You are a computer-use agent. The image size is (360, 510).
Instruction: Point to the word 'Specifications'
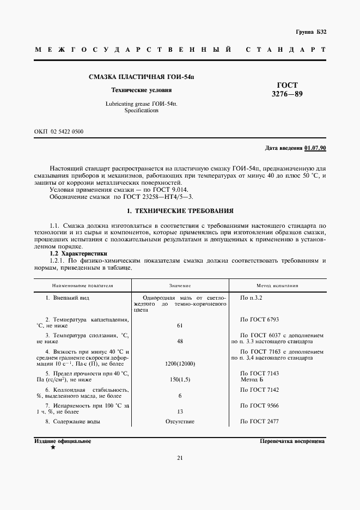(141, 110)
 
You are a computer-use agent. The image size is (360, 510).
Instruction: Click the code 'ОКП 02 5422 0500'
(59, 132)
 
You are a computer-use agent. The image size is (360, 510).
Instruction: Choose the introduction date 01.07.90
(315, 148)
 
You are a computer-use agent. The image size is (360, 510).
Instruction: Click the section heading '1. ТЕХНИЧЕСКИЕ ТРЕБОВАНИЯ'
(180, 210)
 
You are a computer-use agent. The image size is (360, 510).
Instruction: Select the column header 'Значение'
(180, 286)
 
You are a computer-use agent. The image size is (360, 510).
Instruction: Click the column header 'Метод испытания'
(277, 286)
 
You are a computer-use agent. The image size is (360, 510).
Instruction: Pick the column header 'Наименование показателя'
(82, 286)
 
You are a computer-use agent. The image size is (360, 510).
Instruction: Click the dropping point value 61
(180, 325)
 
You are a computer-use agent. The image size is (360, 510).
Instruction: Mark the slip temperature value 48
(180, 341)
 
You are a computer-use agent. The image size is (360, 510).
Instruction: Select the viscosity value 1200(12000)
(180, 363)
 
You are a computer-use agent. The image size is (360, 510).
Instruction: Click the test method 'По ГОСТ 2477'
(259, 421)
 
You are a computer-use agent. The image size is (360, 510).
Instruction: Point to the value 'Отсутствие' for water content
(180, 421)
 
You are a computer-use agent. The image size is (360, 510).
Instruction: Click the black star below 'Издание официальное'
(53, 447)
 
